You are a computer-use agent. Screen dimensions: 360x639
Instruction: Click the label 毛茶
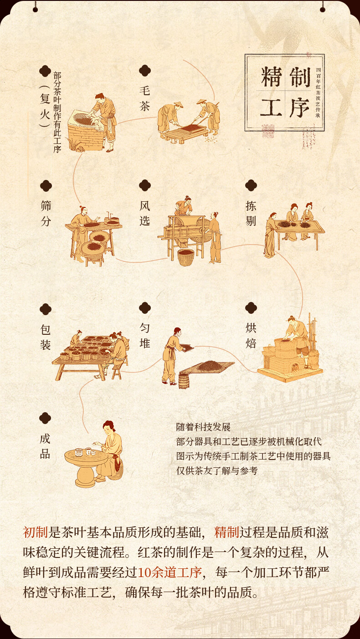145,98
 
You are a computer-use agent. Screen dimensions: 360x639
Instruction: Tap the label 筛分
46,213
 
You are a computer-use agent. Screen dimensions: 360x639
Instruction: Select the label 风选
145,213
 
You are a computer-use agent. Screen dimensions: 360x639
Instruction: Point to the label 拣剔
251,213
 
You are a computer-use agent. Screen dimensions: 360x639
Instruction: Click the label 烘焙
251,336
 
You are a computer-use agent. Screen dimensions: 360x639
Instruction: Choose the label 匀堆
145,336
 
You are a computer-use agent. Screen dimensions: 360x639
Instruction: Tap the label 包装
46,337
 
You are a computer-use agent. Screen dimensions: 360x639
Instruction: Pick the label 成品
45,446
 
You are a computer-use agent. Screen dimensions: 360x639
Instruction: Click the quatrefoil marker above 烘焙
251,308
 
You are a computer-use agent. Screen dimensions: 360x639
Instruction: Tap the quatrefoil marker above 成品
45,418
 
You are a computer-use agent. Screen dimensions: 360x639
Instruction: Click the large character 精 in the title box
271,77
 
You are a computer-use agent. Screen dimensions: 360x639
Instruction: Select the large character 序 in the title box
299,107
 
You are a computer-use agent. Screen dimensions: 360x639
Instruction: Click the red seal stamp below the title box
268,131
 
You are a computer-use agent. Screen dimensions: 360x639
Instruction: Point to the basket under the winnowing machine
185,257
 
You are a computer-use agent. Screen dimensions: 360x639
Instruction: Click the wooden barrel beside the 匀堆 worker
184,381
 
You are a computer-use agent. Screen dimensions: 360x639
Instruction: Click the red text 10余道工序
170,572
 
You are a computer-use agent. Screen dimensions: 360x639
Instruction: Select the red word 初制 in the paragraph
35,532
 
